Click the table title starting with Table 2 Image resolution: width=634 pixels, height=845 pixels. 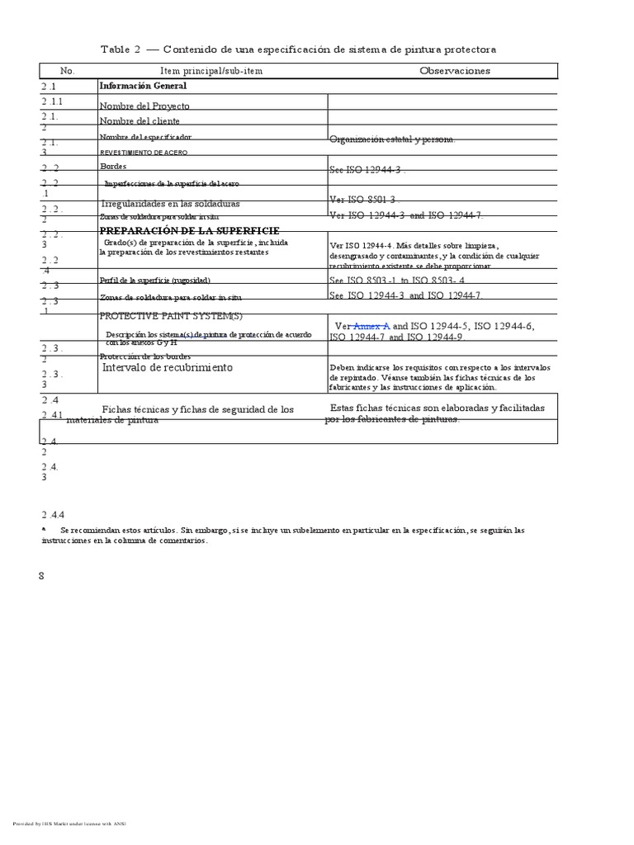tap(298, 50)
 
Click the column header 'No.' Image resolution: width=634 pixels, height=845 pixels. tap(68, 71)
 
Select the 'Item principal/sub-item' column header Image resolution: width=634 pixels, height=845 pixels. tap(211, 71)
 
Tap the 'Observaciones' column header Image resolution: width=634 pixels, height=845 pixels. tap(454, 71)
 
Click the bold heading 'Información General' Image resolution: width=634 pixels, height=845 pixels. tap(143, 86)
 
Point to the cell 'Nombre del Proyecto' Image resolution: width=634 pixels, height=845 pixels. tap(144, 106)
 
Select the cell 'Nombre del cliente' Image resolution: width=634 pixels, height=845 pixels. tap(140, 121)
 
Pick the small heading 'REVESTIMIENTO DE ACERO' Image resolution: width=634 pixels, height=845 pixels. tap(144, 153)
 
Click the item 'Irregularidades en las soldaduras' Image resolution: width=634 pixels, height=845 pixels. tap(170, 203)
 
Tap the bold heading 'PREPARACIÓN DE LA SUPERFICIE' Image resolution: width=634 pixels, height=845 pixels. tap(189, 230)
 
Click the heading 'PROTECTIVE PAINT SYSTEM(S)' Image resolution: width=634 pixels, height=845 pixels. tap(171, 316)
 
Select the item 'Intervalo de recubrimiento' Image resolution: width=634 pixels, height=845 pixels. tap(167, 367)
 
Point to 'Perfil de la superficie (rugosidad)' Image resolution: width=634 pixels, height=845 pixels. tap(160, 281)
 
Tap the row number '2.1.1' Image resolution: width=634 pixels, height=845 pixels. tap(53, 101)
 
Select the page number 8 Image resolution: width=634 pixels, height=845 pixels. tap(41, 575)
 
